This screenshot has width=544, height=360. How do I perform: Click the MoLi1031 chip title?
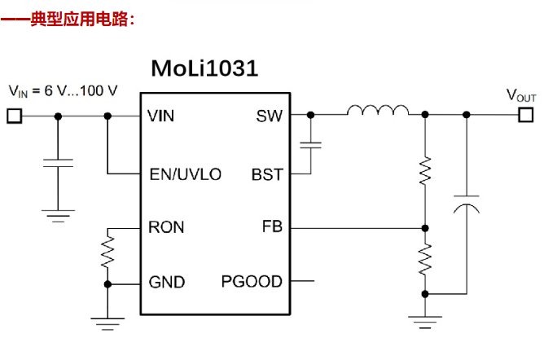pos(204,68)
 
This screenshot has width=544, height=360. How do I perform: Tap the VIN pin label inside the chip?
pos(161,116)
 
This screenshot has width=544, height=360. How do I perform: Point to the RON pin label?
pos(166,228)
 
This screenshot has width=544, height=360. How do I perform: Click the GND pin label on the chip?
pos(166,283)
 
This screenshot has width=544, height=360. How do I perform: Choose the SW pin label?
pos(269,116)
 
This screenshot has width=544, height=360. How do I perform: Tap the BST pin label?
pos(267,175)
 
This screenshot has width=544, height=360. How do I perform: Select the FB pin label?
pos(272,228)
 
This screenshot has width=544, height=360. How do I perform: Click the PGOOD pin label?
pos(252,283)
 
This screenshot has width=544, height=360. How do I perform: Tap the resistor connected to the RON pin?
pos(107,252)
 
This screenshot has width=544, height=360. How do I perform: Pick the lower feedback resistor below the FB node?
pos(424,261)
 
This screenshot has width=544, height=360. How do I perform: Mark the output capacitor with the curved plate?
pos(465,203)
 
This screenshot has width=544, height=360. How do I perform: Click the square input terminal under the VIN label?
pos(14,116)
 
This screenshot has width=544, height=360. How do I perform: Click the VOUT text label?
pos(521,95)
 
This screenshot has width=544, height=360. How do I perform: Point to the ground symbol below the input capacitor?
pos(57,216)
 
